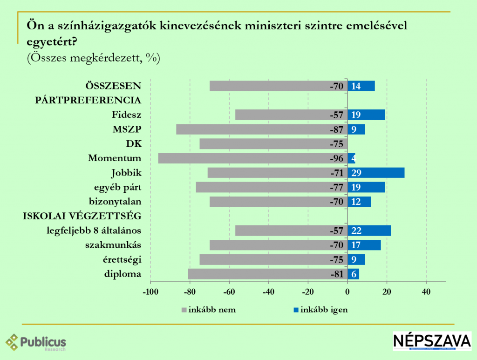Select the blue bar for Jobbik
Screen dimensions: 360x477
pyautogui.click(x=376, y=173)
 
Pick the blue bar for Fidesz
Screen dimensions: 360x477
pyautogui.click(x=366, y=115)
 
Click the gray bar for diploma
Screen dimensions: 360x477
pyautogui.click(x=268, y=274)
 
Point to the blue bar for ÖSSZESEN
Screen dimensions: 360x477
pyautogui.click(x=361, y=86)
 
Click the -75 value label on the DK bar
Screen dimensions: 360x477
pyautogui.click(x=336, y=144)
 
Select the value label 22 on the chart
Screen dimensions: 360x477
pyautogui.click(x=356, y=231)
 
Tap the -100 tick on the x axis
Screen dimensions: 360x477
pyautogui.click(x=150, y=292)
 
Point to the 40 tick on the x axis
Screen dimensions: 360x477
pyautogui.click(x=426, y=292)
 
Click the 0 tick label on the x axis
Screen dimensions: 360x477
pyautogui.click(x=348, y=292)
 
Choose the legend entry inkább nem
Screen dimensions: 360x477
pyautogui.click(x=209, y=310)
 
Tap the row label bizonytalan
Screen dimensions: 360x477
pyautogui.click(x=115, y=202)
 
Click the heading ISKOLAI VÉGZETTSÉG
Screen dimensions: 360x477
pyautogui.click(x=82, y=216)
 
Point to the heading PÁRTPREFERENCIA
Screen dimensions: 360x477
pyautogui.click(x=88, y=100)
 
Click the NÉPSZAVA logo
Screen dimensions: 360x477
pyautogui.click(x=432, y=341)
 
